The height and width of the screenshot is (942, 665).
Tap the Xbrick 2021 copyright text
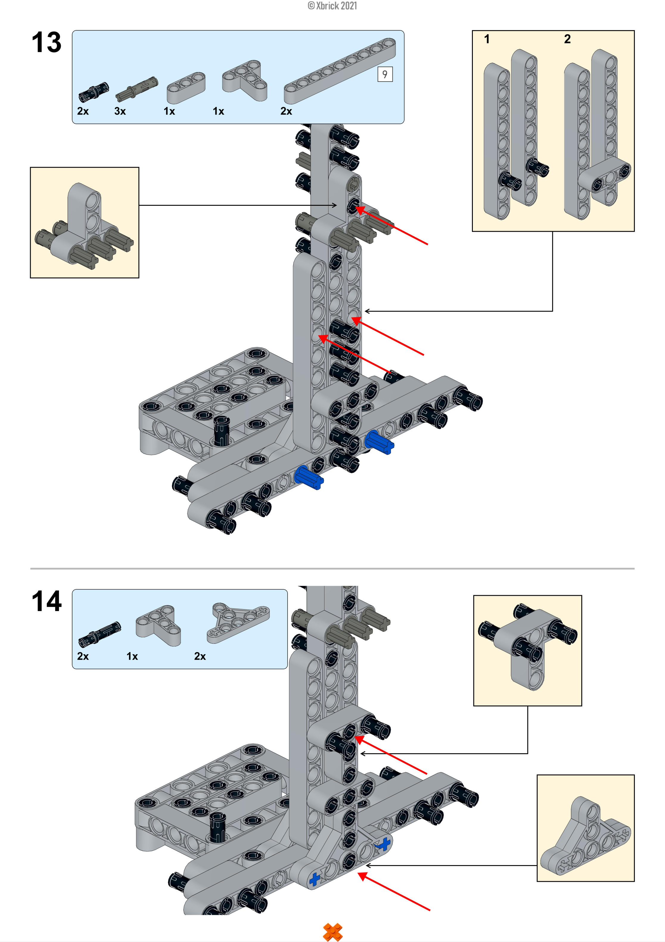pyautogui.click(x=332, y=6)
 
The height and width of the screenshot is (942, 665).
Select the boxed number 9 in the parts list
pyautogui.click(x=385, y=74)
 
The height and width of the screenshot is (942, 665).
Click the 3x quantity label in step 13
pyautogui.click(x=120, y=111)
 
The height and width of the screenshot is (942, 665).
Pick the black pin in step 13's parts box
pyautogui.click(x=94, y=92)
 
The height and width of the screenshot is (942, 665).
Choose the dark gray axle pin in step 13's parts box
pyautogui.click(x=136, y=88)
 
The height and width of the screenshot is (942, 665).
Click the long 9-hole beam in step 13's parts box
pyautogui.click(x=339, y=71)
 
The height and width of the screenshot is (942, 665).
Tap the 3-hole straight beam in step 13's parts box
pyautogui.click(x=186, y=87)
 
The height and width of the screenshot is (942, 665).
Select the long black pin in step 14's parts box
pyautogui.click(x=99, y=634)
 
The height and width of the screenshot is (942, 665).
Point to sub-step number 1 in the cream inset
pyautogui.click(x=487, y=39)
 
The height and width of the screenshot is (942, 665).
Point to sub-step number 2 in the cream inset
pyautogui.click(x=567, y=39)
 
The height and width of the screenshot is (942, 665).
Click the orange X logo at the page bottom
pyautogui.click(x=332, y=931)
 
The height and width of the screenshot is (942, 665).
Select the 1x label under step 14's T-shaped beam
pyautogui.click(x=132, y=656)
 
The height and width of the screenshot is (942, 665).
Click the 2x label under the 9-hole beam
pyautogui.click(x=286, y=111)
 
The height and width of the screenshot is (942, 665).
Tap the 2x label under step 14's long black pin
pyautogui.click(x=83, y=656)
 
